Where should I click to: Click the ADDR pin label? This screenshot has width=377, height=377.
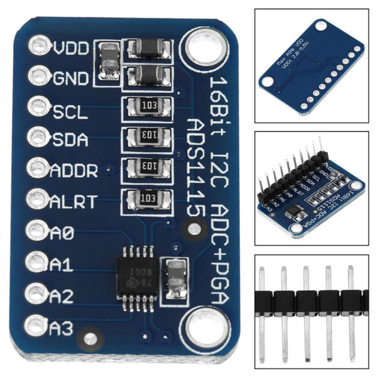tap(75, 169)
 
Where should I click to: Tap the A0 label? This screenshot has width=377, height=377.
tap(61, 232)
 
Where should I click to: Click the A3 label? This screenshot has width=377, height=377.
tap(61, 327)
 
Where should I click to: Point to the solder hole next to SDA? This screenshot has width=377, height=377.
tap(37, 136)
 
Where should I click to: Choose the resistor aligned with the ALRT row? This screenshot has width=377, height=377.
tap(149, 198)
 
